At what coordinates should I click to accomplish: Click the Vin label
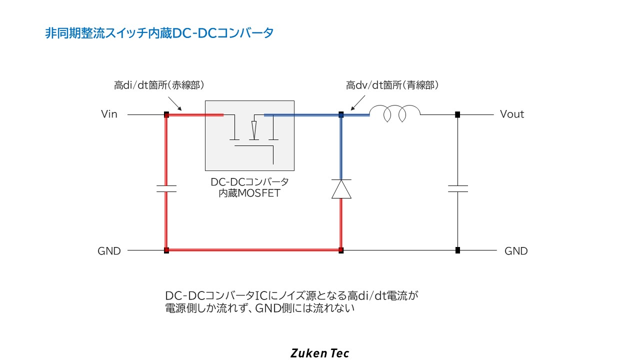109,114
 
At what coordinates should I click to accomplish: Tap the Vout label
512,114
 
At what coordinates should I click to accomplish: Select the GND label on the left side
109,251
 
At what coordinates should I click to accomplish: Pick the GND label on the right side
516,251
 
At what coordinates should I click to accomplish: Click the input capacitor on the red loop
166,188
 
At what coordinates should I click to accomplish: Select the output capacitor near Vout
457,188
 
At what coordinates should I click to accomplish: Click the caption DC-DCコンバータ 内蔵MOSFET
249,187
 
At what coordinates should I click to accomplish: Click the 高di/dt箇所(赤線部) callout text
159,85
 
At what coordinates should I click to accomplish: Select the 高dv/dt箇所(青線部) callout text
392,85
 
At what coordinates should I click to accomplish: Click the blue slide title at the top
159,33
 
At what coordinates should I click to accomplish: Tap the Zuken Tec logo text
320,353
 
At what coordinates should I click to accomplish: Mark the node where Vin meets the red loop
166,114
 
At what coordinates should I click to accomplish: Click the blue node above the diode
341,114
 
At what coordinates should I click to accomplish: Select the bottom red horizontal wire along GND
253,250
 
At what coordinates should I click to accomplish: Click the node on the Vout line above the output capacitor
457,114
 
